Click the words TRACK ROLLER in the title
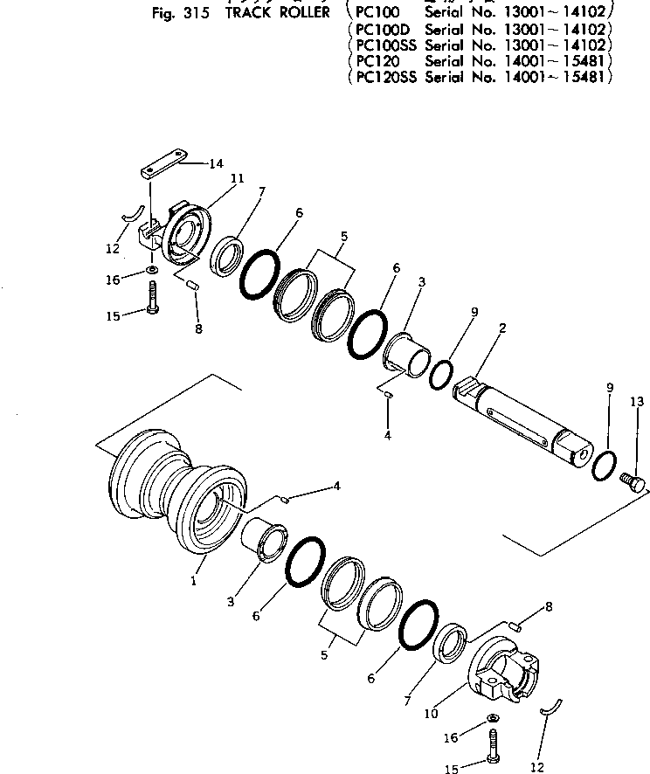point(273,13)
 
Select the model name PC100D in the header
point(380,30)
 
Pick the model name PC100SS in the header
point(384,45)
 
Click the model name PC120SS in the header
point(384,77)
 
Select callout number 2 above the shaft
point(502,328)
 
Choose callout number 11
point(236,178)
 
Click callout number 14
point(215,162)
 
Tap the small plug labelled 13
point(633,480)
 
